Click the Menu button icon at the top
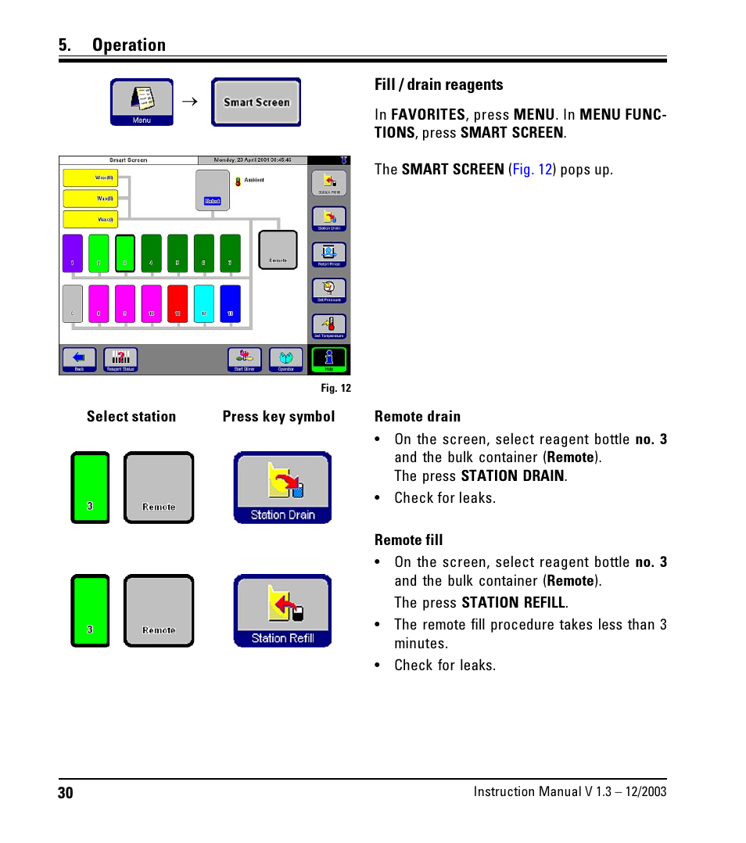click(x=142, y=102)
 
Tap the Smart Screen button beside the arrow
click(x=256, y=102)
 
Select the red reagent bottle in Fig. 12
click(x=178, y=304)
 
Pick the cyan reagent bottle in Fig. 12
click(x=203, y=304)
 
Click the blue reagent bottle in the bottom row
click(x=230, y=304)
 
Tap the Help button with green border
click(x=328, y=360)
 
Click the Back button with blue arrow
click(x=79, y=360)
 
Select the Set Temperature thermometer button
click(x=329, y=326)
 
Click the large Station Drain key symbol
click(x=282, y=487)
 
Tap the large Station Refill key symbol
click(x=282, y=611)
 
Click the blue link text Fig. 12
click(x=533, y=170)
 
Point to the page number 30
click(x=65, y=793)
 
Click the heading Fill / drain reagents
click(x=439, y=84)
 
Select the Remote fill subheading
click(x=408, y=540)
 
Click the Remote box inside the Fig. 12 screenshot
click(x=278, y=250)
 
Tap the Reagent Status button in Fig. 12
click(x=120, y=360)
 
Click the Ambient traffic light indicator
click(x=238, y=181)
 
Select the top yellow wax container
click(x=90, y=178)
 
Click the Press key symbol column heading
click(x=278, y=417)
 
